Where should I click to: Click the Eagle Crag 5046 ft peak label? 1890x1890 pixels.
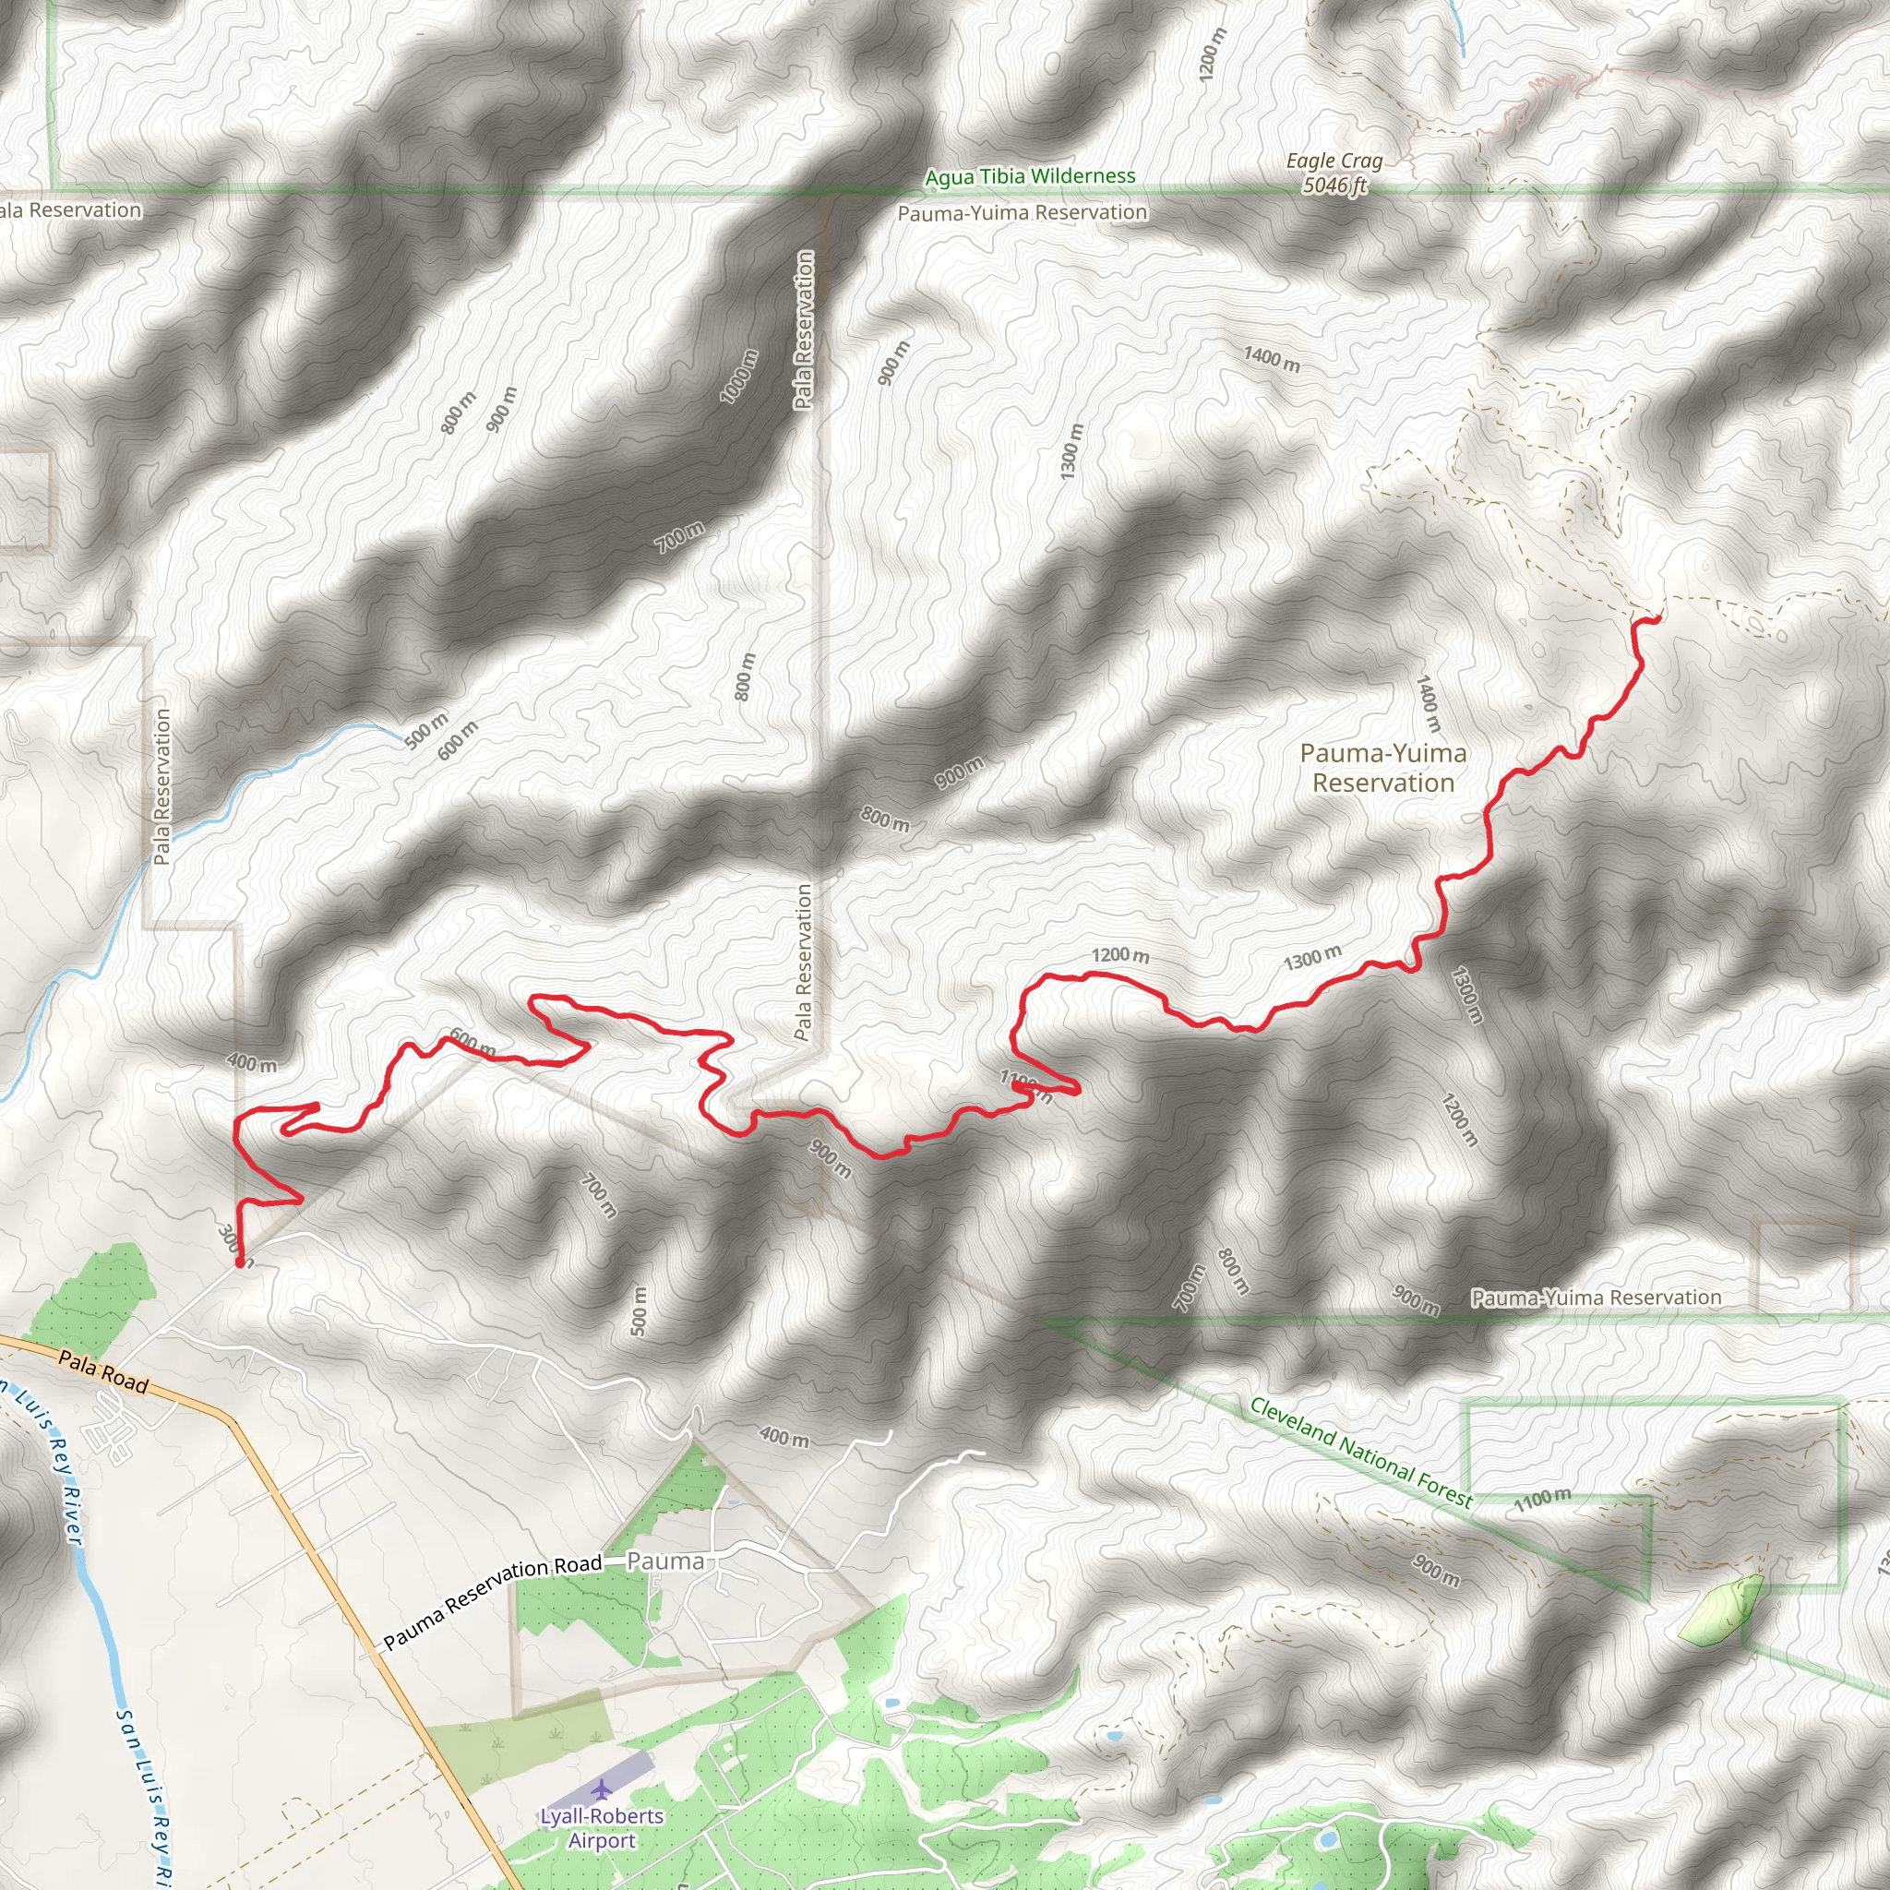[1334, 173]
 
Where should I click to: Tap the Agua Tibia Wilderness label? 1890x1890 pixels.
[1030, 177]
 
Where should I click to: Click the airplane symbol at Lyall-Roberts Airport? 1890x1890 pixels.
[600, 1789]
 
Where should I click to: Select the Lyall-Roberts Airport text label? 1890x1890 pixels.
[602, 1827]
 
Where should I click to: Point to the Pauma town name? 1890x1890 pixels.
[665, 1561]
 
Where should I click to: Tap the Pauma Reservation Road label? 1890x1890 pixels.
[492, 1602]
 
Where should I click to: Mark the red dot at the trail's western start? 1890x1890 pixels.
[240, 1262]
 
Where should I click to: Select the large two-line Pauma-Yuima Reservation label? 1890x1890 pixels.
[1383, 768]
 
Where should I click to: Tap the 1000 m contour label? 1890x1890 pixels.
[738, 377]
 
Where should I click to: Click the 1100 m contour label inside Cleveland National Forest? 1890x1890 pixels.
[1543, 1499]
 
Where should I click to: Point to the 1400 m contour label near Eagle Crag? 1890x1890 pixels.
[1272, 359]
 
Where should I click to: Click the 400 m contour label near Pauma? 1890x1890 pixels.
[784, 1437]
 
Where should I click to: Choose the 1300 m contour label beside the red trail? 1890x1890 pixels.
[1312, 958]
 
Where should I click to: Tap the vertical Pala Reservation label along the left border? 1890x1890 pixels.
[162, 786]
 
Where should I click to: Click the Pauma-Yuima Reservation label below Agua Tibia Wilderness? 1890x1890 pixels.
[1023, 212]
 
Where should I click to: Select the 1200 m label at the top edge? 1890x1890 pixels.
[1210, 54]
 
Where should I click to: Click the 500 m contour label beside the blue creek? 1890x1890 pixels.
[426, 731]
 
